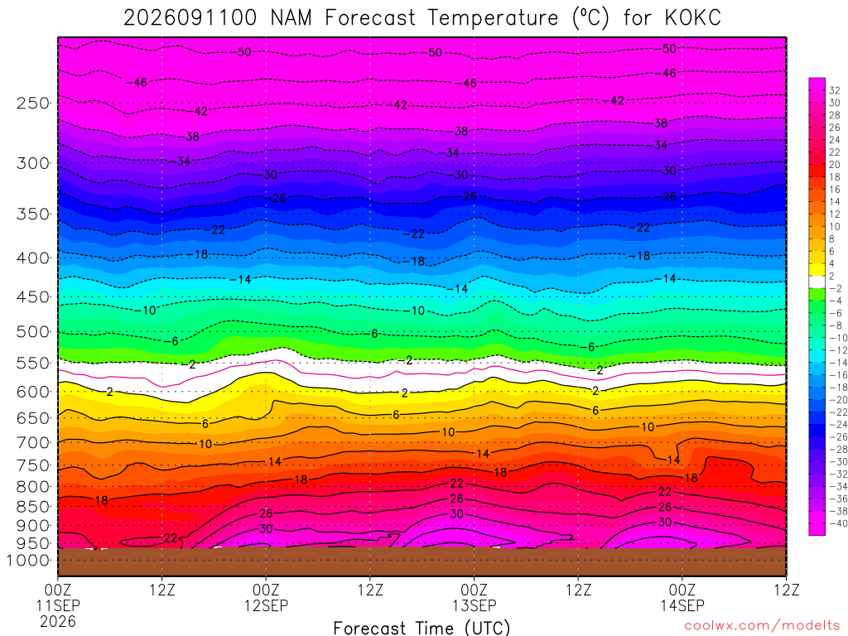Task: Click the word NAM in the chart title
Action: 291,18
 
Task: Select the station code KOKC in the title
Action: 693,18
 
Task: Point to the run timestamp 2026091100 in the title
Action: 190,18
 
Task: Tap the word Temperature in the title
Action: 493,18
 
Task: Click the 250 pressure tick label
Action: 33,103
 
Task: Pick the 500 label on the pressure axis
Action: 33,331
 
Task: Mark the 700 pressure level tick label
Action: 33,442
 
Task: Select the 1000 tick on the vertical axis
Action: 28,561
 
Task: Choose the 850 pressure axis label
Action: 33,507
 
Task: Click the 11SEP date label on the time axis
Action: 59,605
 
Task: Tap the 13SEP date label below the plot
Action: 475,605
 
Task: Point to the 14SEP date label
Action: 682,605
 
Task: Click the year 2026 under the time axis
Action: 58,621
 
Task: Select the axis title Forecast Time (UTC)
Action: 422,628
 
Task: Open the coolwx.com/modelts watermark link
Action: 763,626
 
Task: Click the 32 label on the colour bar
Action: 835,90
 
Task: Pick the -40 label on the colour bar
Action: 838,523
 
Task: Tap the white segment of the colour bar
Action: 817,282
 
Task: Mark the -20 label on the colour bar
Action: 838,400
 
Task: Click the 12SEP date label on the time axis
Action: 266,605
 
